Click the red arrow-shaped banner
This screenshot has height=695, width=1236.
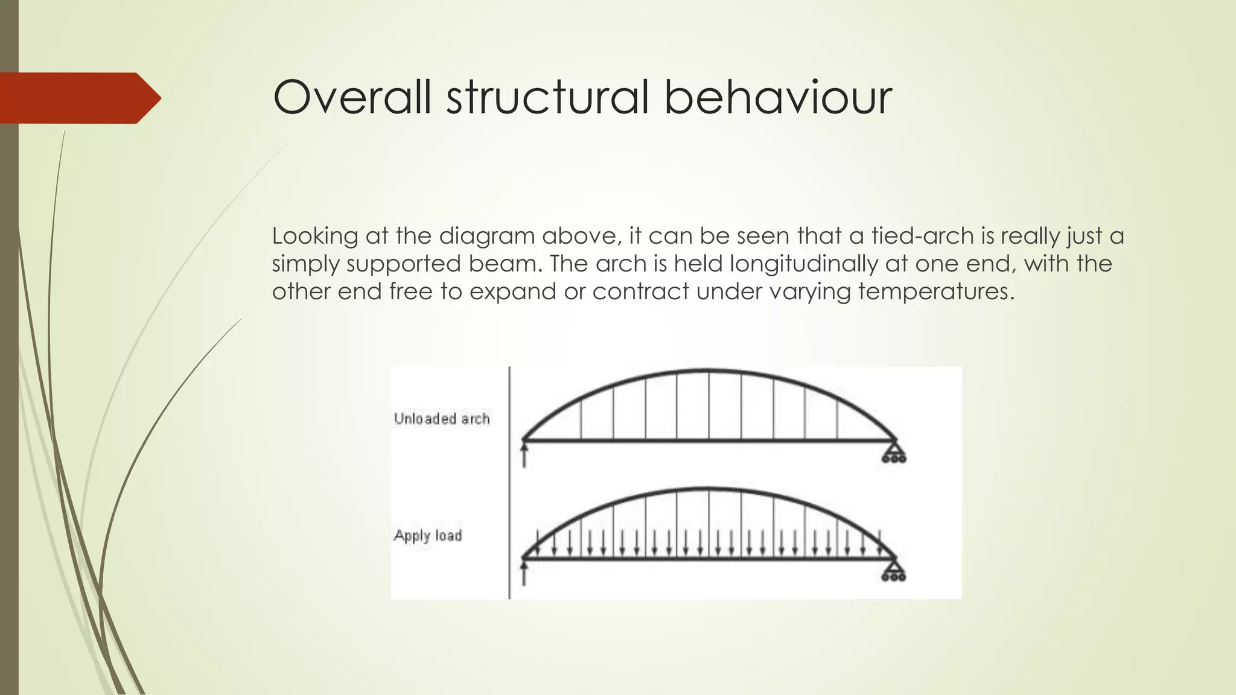[78, 98]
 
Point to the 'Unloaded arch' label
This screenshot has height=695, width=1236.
[442, 419]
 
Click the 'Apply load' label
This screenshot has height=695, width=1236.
[428, 536]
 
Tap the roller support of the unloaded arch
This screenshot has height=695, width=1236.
[894, 453]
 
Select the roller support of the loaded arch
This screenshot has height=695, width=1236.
[894, 571]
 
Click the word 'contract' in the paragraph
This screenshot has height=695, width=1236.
[641, 292]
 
